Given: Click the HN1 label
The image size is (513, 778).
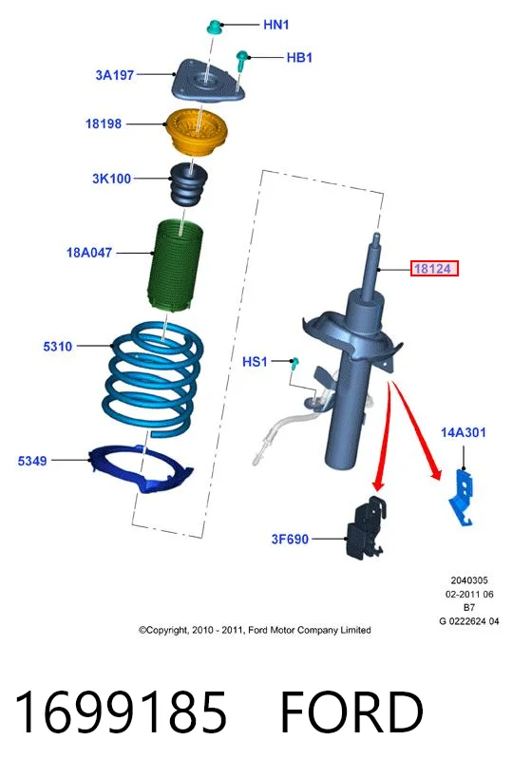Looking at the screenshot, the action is pos(275,25).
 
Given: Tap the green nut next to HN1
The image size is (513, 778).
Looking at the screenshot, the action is pos(215,27).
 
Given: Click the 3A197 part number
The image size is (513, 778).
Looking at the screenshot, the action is pos(115,75).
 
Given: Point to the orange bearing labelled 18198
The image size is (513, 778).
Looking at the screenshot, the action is pos(196,131).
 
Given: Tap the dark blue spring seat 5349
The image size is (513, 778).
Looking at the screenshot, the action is pos(140,468).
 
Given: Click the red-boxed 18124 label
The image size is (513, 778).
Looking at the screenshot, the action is pos(434,269).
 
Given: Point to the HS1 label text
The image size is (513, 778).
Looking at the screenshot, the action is pos(255,362).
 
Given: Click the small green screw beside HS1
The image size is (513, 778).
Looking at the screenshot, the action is pos(295,363).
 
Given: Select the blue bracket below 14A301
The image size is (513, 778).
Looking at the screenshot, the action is pos(463,497).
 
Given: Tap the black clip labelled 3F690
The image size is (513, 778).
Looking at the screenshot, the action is pos(367,527).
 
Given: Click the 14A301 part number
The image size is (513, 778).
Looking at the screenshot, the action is pos(463,432).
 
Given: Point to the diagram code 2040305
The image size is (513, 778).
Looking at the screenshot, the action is pos(469,580).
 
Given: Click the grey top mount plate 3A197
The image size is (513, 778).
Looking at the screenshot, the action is pos(208,82).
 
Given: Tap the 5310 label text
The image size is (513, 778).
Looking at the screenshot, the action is pos(58,347).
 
